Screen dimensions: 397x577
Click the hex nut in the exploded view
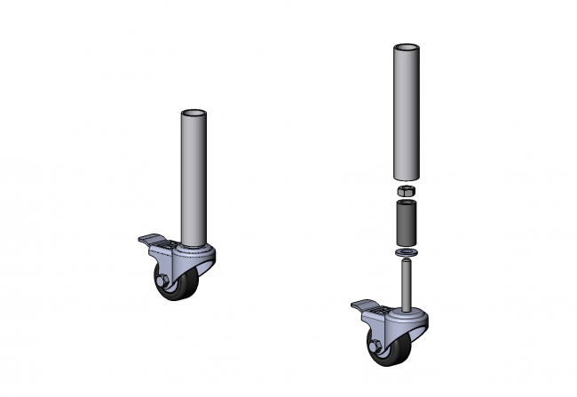pos(405,191)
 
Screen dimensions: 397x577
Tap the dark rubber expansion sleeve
pos(405,224)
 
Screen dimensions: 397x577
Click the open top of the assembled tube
pos(194,115)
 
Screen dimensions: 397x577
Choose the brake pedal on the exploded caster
pos(368,307)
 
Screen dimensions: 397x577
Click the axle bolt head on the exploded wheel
pos(375,344)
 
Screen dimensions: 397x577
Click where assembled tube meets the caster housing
pos(194,244)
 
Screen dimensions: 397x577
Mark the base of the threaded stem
pos(406,307)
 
